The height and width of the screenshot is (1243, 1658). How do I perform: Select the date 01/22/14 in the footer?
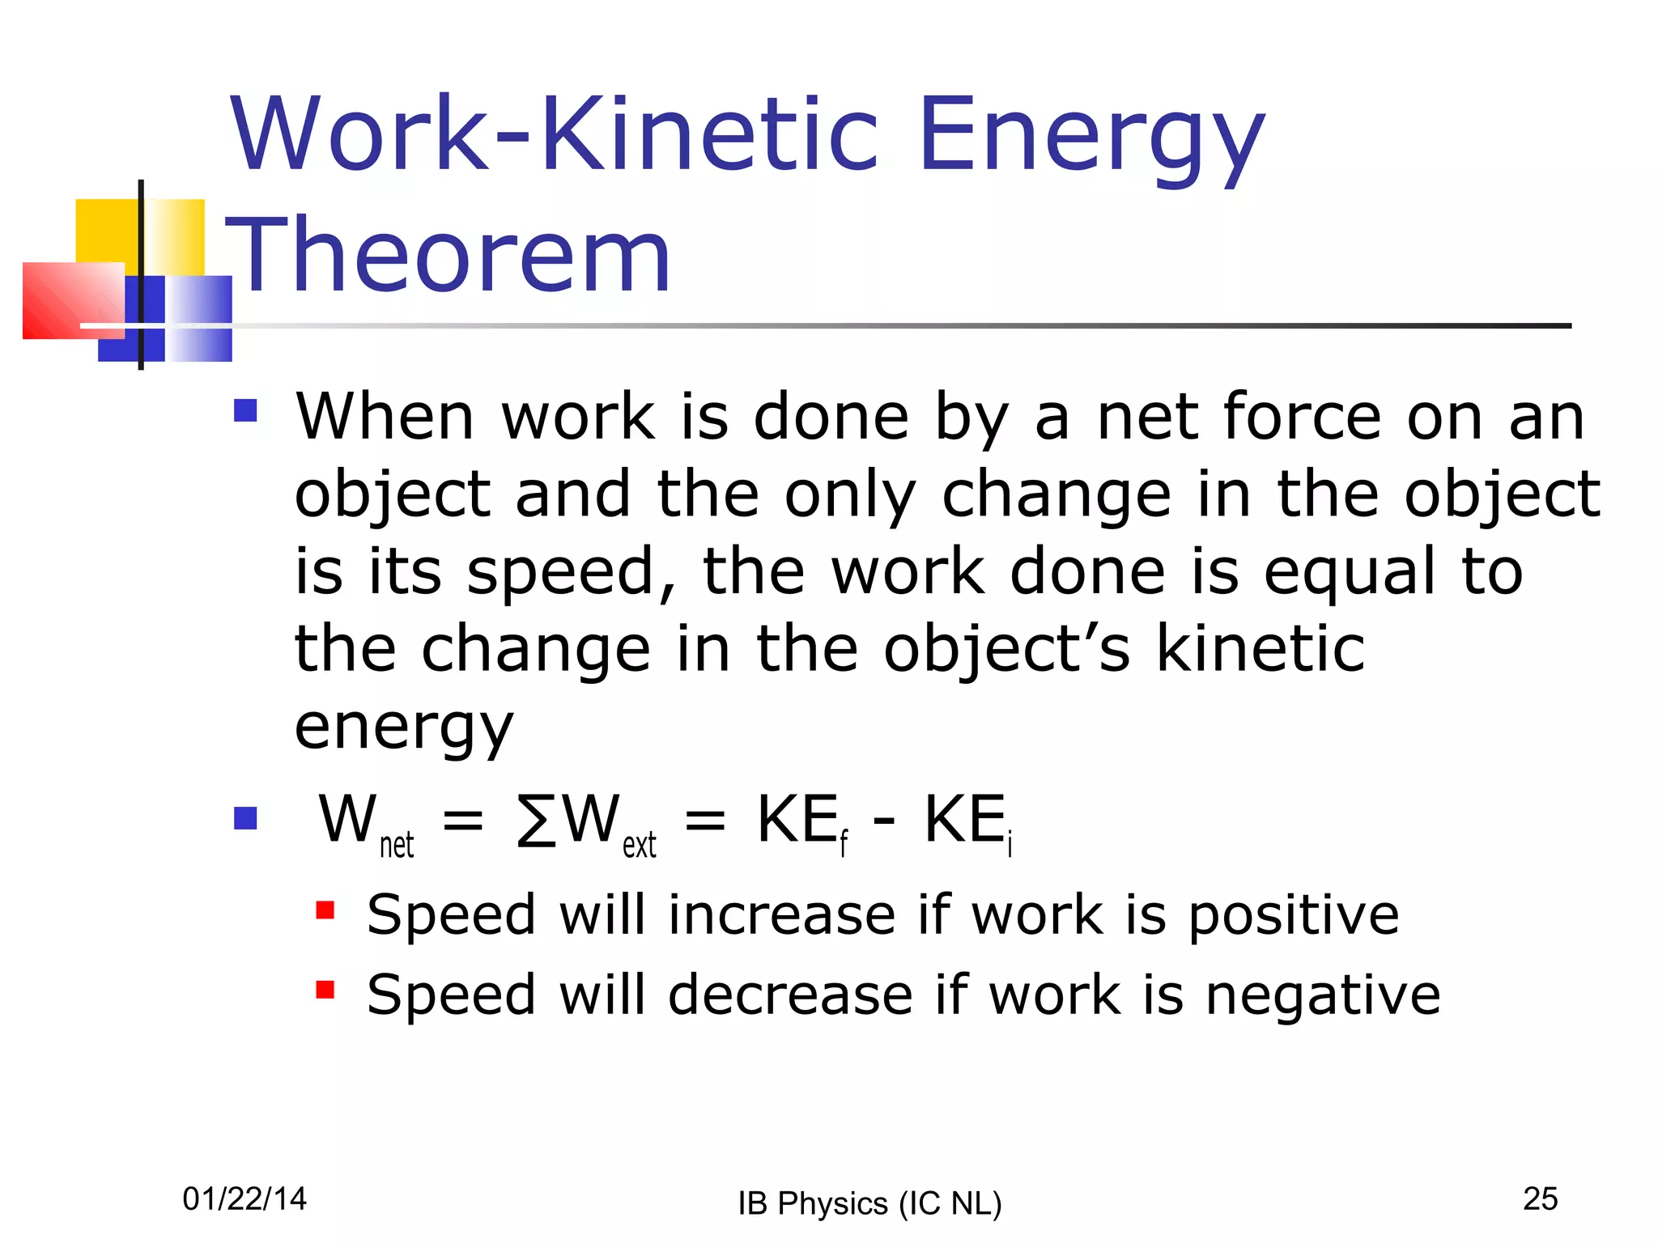tap(244, 1198)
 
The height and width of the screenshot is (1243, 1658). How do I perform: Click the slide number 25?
tap(1540, 1198)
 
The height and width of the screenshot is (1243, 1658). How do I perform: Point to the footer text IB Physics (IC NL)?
tap(869, 1203)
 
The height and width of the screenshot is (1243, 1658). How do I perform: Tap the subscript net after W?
tap(397, 846)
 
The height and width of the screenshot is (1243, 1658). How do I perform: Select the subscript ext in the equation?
tap(639, 846)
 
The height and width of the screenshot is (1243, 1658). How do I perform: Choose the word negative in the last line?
tap(1323, 996)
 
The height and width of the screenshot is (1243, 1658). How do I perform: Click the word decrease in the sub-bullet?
tap(790, 995)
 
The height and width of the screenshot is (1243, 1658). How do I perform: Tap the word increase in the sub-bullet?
tap(781, 915)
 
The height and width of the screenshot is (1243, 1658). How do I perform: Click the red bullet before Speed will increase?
tap(325, 911)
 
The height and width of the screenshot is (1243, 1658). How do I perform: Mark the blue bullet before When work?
tap(245, 411)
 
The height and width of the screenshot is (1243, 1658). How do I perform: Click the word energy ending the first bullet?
tap(403, 727)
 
